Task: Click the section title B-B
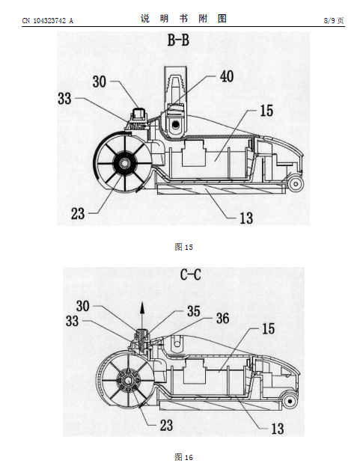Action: (178, 40)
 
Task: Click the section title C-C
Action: (190, 275)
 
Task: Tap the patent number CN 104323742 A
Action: (48, 21)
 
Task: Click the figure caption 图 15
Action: (183, 247)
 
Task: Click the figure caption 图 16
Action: (183, 457)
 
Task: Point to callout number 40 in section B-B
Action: (227, 76)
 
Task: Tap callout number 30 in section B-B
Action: (99, 82)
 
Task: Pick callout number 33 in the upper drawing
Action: (64, 99)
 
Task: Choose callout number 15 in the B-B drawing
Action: (266, 111)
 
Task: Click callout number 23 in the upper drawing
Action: (78, 214)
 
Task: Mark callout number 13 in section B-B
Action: (246, 218)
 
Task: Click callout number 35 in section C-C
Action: (194, 311)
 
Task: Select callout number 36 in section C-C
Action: (222, 319)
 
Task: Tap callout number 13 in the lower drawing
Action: (277, 429)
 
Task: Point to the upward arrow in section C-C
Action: (141, 315)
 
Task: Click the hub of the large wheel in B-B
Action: (124, 163)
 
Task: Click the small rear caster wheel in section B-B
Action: (296, 183)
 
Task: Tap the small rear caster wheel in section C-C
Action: (290, 402)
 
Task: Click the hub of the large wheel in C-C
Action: (129, 381)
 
